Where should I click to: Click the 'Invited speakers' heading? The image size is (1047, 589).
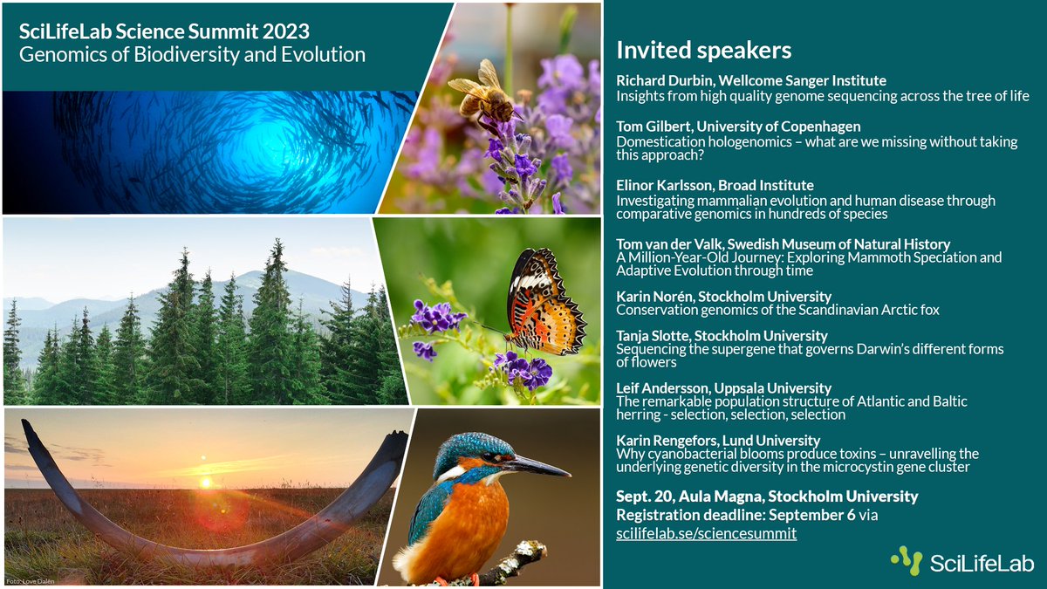pyautogui.click(x=703, y=51)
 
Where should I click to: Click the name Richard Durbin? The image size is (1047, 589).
pyautogui.click(x=664, y=80)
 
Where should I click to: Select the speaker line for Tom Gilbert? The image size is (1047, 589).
pyautogui.click(x=738, y=127)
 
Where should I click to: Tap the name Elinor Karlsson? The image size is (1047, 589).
pyautogui.click(x=664, y=185)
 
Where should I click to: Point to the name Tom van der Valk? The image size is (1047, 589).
pyautogui.click(x=669, y=244)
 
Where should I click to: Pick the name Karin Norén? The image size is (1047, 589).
pyautogui.click(x=654, y=297)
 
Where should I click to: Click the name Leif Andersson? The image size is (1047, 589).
pyautogui.click(x=662, y=388)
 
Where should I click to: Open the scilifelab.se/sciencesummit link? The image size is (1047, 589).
pyautogui.click(x=706, y=533)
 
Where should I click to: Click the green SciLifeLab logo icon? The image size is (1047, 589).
pyautogui.click(x=907, y=560)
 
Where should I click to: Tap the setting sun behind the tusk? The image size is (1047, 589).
pyautogui.click(x=205, y=482)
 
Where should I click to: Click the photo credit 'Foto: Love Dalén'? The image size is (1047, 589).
pyautogui.click(x=31, y=581)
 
